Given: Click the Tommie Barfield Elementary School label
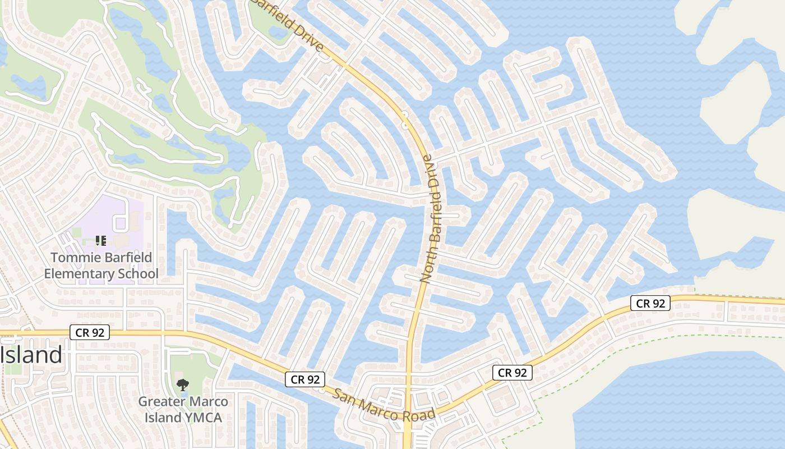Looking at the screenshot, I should tap(101, 266).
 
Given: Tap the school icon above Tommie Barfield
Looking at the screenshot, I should tap(101, 241).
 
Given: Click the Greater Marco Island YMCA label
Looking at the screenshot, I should tap(183, 410).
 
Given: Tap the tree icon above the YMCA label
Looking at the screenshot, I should tap(182, 385).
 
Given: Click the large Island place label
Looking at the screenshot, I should tap(31, 355).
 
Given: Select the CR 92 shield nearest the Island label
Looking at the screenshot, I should tap(90, 332).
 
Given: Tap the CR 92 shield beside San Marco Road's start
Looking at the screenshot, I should tap(305, 379).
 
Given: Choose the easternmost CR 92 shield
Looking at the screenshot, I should tap(650, 303).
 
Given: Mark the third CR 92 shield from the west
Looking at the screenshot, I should tap(512, 372).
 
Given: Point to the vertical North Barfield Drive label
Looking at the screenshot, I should tap(432, 219).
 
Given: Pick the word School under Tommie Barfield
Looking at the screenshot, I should tap(138, 274).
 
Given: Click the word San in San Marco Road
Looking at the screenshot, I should tap(343, 393).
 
